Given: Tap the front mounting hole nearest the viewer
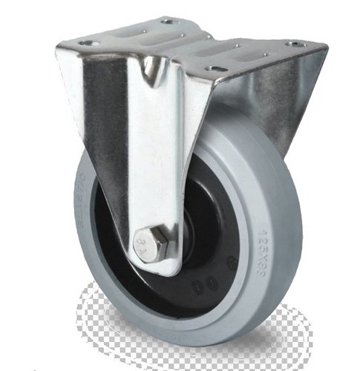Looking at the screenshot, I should (x=217, y=69).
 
